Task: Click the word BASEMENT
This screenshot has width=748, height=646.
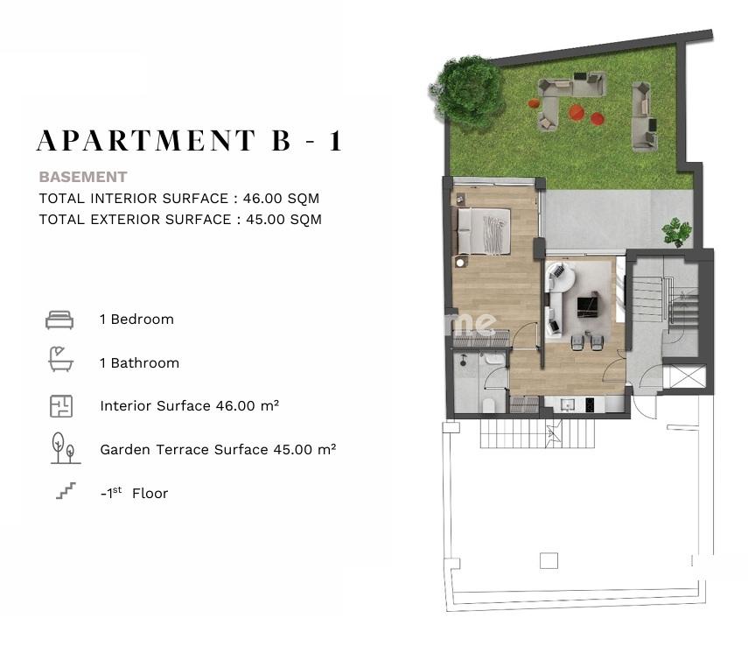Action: point(83,177)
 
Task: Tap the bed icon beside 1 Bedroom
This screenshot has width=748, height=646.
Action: point(59,319)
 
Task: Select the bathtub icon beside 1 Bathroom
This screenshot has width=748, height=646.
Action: point(61,359)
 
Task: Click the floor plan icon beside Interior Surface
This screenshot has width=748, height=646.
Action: point(61,406)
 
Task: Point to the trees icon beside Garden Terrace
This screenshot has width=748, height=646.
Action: point(65,448)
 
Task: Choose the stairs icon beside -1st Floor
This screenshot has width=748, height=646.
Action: point(66,491)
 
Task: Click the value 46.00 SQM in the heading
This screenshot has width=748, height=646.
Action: point(281,199)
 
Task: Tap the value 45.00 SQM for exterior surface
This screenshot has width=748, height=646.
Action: point(283,220)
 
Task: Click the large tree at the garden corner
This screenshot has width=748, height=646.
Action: point(466,91)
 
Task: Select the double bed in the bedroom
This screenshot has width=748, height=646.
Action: point(484,231)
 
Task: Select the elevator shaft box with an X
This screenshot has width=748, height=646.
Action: point(684,376)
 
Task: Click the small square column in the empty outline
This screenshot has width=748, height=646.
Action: point(549,560)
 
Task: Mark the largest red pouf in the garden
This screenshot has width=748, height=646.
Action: point(577,112)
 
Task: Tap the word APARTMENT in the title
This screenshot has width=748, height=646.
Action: point(146,140)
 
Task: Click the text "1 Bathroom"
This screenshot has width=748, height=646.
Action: point(139,363)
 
